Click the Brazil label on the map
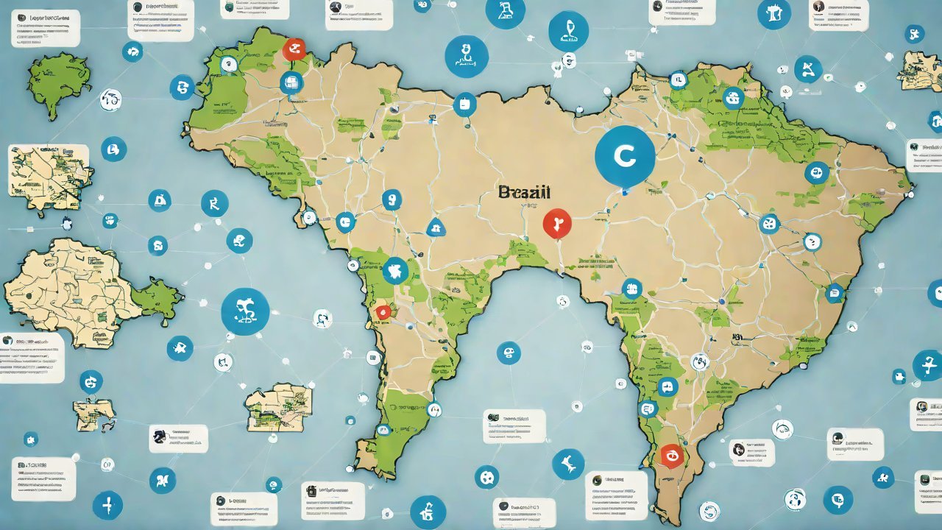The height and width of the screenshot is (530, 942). pos(524,193)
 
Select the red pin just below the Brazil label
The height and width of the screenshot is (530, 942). pos(556,223)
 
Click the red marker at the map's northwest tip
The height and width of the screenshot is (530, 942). pos(294,50)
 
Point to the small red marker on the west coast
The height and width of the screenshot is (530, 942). pos(383,312)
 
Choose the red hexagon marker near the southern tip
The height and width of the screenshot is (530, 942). pos(671,456)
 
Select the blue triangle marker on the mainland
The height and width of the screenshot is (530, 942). pos(436,227)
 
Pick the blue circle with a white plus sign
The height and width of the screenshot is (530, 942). pos(107,506)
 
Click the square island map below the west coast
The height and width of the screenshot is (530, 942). pos(279,406)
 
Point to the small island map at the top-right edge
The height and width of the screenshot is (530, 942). pos(919,71)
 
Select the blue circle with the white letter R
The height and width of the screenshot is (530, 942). pos(215,203)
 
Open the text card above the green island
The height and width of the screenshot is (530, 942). pos(46,28)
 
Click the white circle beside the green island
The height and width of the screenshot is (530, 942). pos(110,99)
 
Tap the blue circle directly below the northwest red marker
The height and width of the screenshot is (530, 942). pos(291,82)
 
